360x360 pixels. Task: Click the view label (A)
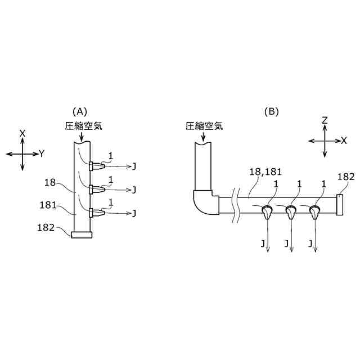pos(79,111)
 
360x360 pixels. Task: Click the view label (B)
pos(272,111)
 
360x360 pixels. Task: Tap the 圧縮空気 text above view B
pos(204,126)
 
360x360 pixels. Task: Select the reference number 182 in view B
pos(346,177)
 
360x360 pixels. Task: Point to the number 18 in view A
pos(51,182)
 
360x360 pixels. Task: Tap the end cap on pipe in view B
pos(340,204)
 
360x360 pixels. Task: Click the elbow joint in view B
pos(205,203)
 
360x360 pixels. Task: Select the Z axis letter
pos(325,120)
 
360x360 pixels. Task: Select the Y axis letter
pos(42,153)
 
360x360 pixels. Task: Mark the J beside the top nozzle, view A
pos(134,166)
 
